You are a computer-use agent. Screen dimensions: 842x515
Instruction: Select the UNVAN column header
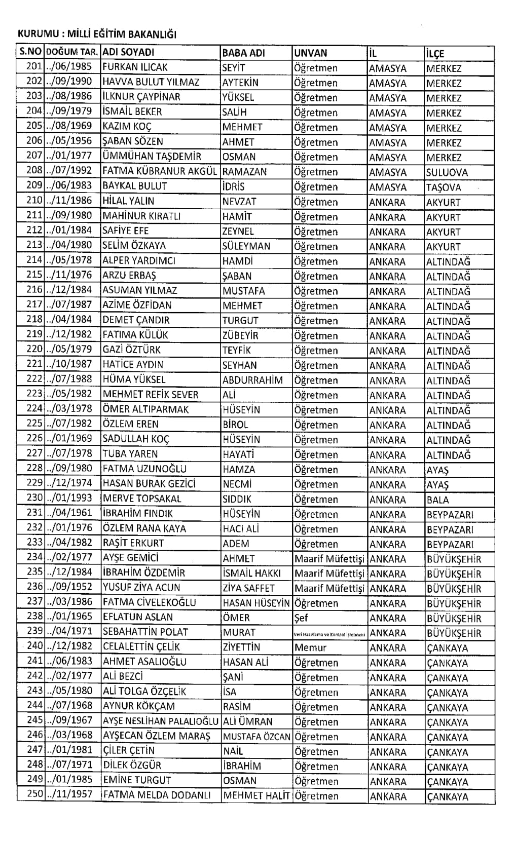pyautogui.click(x=311, y=53)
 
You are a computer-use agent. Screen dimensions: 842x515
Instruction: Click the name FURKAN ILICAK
pyautogui.click(x=135, y=67)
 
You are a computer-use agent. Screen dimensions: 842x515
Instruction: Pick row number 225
pyautogui.click(x=34, y=424)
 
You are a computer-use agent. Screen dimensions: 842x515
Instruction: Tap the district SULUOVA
pyautogui.click(x=447, y=172)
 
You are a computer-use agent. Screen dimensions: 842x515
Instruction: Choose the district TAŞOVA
pyautogui.click(x=444, y=187)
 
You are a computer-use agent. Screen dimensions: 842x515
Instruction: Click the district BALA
pyautogui.click(x=438, y=500)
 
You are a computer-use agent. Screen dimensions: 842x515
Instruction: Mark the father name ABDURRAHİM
pyautogui.click(x=252, y=380)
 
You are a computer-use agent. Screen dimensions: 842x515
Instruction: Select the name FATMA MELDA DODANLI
pyautogui.click(x=157, y=795)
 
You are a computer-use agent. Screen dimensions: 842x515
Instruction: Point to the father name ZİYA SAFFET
pyautogui.click(x=248, y=588)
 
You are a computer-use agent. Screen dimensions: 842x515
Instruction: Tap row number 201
pyautogui.click(x=34, y=67)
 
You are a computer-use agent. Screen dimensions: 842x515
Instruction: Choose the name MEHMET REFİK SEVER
pyautogui.click(x=151, y=395)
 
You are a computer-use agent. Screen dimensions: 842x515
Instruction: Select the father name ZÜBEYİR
pyautogui.click(x=240, y=335)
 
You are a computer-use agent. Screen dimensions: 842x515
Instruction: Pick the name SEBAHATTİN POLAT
pyautogui.click(x=145, y=632)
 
